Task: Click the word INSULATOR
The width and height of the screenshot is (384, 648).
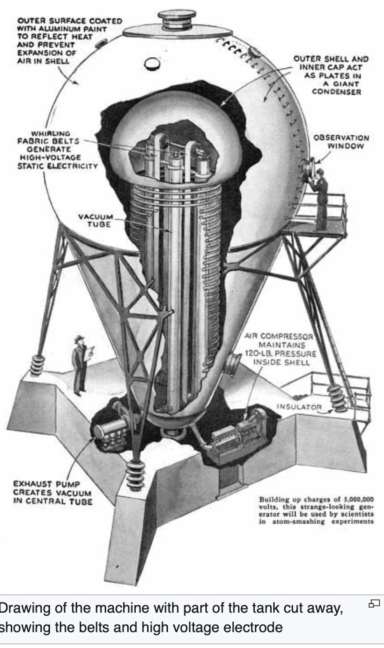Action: pyautogui.click(x=299, y=407)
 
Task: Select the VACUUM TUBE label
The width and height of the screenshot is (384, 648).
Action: pyautogui.click(x=96, y=220)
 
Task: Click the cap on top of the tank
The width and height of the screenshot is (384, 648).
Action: pyautogui.click(x=177, y=18)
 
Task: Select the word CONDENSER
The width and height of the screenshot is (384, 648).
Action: pyautogui.click(x=336, y=92)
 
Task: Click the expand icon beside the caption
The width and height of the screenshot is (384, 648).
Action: pyautogui.click(x=374, y=603)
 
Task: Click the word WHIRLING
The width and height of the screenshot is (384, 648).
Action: pyautogui.click(x=51, y=134)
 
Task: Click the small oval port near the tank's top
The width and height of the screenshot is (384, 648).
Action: pyautogui.click(x=152, y=64)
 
